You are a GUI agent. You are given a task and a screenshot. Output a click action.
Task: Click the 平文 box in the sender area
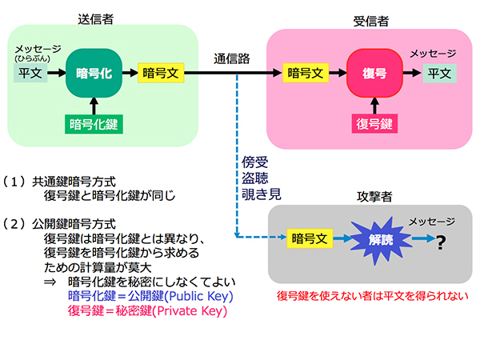coord(30,73)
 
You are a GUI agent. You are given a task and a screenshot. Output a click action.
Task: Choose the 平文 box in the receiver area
coord(438,74)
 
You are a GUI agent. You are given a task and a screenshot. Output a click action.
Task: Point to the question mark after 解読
coord(439,240)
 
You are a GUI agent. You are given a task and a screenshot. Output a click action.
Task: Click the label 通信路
coord(233,58)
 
